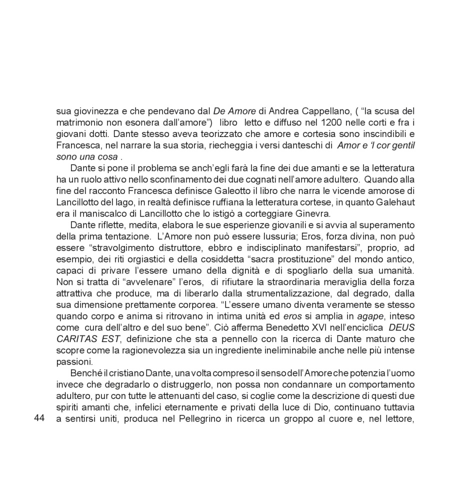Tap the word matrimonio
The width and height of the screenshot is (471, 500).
pos(79,122)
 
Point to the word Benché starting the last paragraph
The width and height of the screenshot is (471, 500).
pos(85,372)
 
